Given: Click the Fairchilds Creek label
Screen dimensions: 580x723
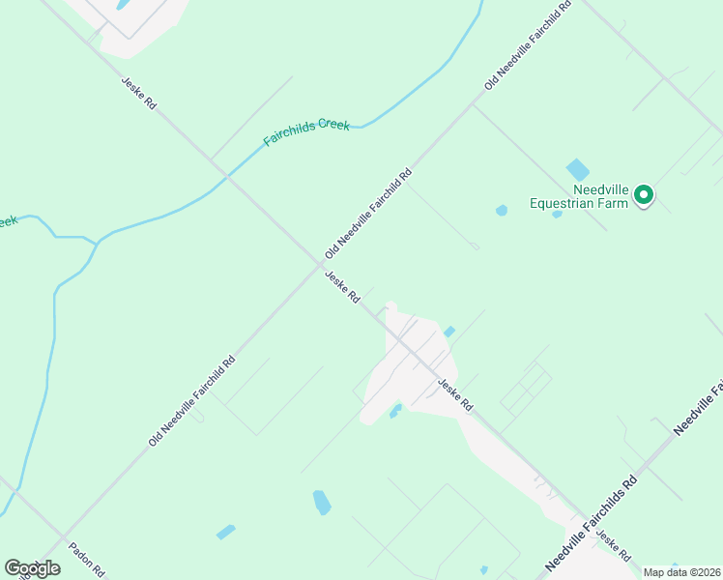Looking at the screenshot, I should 307,132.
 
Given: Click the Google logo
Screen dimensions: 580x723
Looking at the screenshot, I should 32,567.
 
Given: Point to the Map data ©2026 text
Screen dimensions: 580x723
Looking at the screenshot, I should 681,572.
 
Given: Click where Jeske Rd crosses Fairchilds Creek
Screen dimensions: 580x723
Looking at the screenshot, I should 227,175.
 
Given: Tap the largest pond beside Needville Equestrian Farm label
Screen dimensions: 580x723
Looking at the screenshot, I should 577,169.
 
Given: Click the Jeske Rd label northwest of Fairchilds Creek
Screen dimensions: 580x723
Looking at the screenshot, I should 138,93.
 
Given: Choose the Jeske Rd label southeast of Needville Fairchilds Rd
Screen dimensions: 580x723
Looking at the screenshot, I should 614,546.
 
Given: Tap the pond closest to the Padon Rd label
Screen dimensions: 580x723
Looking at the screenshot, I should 225,532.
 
